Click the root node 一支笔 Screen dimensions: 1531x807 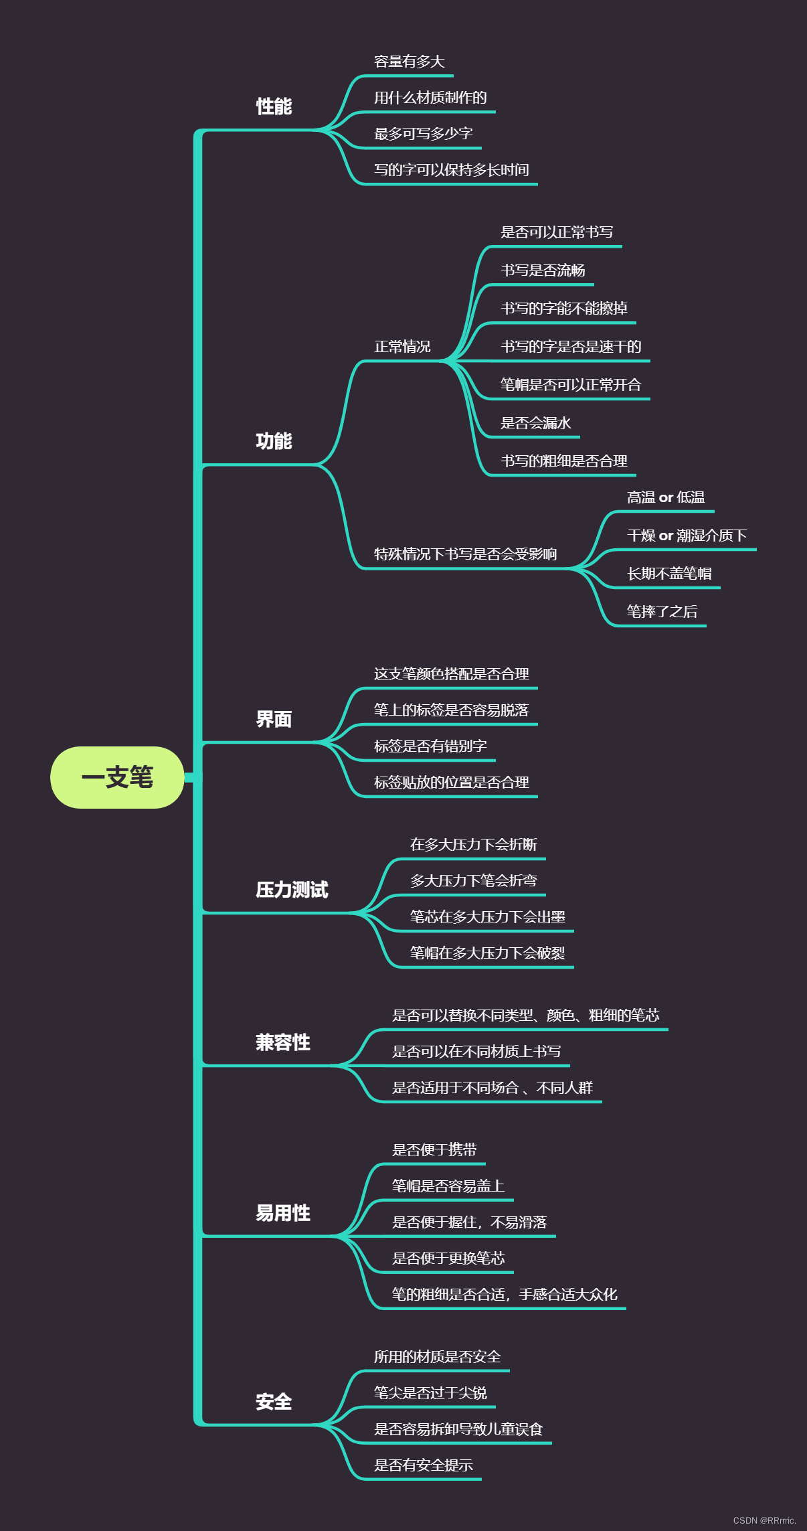tap(117, 777)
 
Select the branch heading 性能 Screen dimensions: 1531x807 tap(274, 106)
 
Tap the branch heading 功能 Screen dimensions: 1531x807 tap(274, 441)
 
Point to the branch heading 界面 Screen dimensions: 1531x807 tap(274, 720)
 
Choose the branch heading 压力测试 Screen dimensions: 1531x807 tap(292, 890)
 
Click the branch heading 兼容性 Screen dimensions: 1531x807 tap(282, 1042)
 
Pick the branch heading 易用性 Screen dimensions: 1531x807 tap(282, 1213)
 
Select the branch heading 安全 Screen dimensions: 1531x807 tap(274, 1402)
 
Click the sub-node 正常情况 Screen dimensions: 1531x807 tap(402, 347)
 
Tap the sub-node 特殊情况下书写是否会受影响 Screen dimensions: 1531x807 tap(465, 554)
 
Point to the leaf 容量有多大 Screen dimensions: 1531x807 tap(409, 62)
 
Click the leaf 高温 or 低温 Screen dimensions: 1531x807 tap(666, 497)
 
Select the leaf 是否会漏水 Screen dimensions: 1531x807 tap(535, 423)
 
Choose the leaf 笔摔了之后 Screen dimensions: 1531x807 tap(662, 612)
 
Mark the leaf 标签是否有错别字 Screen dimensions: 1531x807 tap(430, 746)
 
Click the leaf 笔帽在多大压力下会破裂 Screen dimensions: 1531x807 tap(487, 953)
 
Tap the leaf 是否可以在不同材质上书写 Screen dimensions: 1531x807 tap(476, 1052)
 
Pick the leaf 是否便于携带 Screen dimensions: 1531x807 tap(434, 1150)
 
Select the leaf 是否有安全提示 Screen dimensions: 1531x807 tap(423, 1465)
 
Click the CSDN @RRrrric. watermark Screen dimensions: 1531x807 tap(764, 1520)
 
